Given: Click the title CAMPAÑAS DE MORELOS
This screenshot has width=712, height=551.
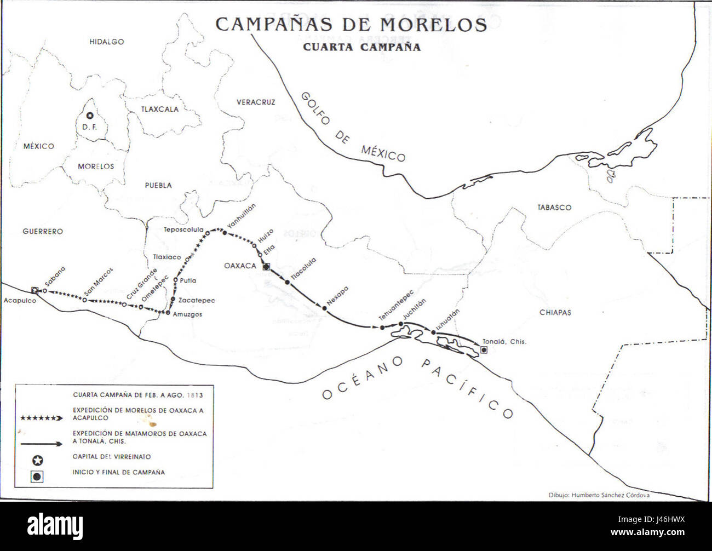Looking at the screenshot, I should point(351,25).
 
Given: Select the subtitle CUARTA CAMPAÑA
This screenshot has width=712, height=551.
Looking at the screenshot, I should point(362,47).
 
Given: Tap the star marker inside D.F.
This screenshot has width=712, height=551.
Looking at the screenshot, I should point(89,116).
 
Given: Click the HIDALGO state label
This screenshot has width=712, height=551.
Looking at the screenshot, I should point(107,42).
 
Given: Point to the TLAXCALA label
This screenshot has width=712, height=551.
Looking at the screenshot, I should point(160,109).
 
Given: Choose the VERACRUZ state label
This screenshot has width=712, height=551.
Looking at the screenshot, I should point(256,102).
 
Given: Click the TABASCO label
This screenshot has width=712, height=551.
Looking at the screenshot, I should point(554,208).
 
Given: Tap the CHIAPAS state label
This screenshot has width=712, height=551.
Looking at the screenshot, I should point(555,312).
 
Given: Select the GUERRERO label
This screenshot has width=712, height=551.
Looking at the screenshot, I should point(43,232).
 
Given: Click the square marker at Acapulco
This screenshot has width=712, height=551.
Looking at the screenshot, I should point(35,290).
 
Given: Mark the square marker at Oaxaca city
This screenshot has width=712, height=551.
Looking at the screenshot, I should point(266,267).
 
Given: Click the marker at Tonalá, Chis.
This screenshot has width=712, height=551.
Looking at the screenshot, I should point(483,349).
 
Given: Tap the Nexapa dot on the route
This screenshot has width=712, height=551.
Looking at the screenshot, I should point(325,308).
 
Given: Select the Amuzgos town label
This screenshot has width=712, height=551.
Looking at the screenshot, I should point(187,314).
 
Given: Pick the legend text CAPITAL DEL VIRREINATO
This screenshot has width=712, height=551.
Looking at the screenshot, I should point(112,457).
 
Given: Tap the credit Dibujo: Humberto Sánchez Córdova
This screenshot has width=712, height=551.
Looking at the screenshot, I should point(599,495).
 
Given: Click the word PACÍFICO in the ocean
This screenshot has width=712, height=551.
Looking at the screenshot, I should point(468,388).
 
